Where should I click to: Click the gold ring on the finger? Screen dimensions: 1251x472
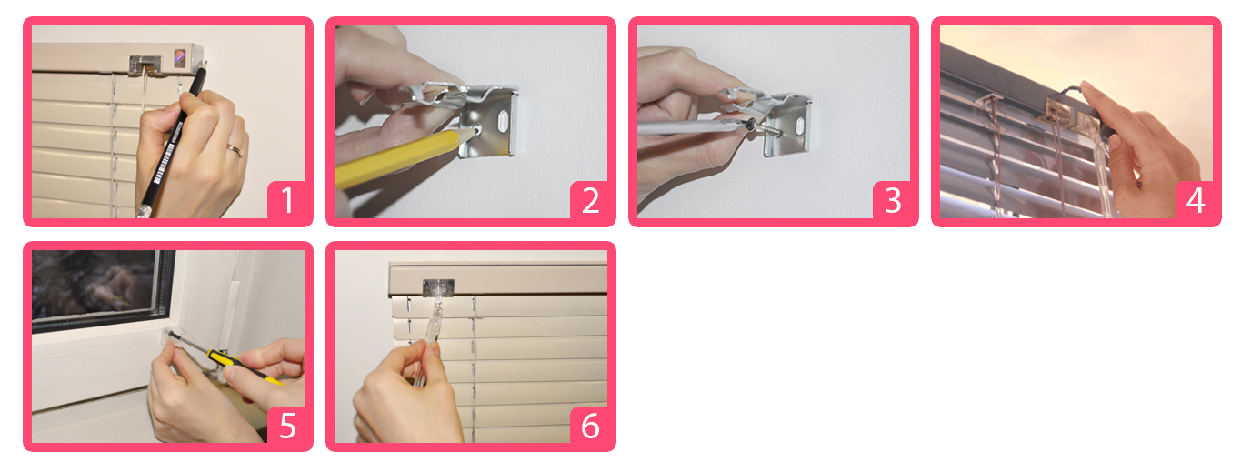(235, 149)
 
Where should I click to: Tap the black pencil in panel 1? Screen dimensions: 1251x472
(170, 143)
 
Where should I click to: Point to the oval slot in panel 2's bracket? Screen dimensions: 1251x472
(502, 120)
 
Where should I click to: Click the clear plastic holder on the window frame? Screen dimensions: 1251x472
(169, 336)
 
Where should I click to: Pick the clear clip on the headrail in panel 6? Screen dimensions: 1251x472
(438, 286)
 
